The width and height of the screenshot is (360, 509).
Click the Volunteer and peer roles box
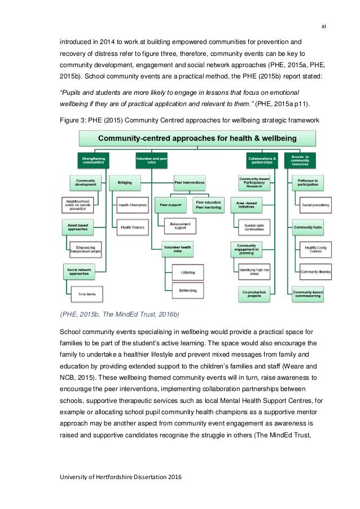pos(151,161)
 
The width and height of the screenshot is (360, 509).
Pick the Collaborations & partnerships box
pos(262,161)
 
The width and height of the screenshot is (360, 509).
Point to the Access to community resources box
pos(300,161)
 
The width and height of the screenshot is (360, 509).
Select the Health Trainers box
pos(131,227)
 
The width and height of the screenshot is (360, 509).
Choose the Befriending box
pos(188,291)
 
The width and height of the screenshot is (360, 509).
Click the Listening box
pos(188,272)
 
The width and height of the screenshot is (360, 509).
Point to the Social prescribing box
pos(315,204)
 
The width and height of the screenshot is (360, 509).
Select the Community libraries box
pos(315,271)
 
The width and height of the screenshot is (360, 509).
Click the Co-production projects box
pos(254,294)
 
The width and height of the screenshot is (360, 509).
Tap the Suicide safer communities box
pos(254,227)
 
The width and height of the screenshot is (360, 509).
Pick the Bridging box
pos(125,182)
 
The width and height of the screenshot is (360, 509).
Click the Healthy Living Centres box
pos(315,249)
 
